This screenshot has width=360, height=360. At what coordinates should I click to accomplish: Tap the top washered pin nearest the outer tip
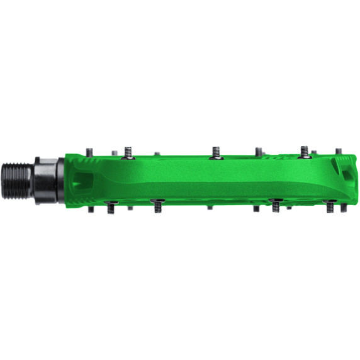(x=305, y=152)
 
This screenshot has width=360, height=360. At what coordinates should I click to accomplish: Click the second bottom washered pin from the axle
(x=157, y=206)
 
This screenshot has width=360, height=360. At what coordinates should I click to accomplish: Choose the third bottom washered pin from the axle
(x=276, y=206)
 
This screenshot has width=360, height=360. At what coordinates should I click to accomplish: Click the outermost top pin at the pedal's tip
(x=339, y=152)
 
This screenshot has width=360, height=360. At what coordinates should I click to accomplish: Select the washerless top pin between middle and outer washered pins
(x=258, y=152)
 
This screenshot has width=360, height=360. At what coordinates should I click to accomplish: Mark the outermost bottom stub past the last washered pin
(x=346, y=206)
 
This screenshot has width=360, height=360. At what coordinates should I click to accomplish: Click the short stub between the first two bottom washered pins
(x=130, y=206)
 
